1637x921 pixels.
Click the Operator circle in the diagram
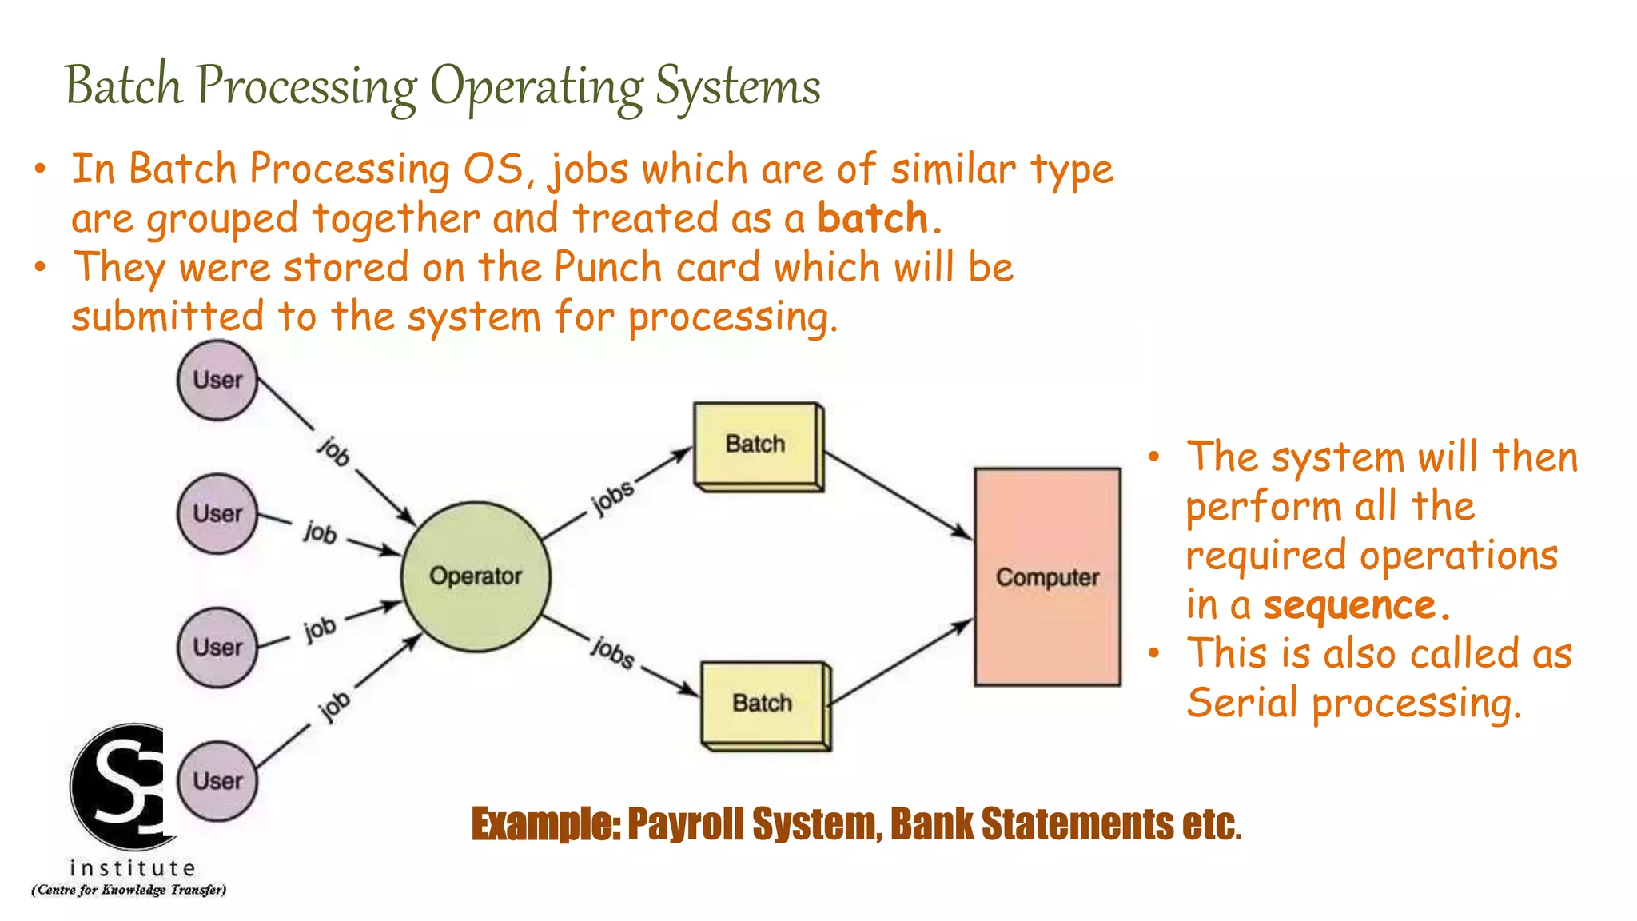pyautogui.click(x=475, y=576)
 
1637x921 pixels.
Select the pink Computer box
pyautogui.click(x=1047, y=576)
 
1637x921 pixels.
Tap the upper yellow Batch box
pyautogui.click(x=755, y=445)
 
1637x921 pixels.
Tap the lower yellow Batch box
pyautogui.click(x=763, y=704)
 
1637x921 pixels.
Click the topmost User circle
pyautogui.click(x=217, y=381)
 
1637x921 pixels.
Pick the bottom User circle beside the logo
pyautogui.click(x=217, y=781)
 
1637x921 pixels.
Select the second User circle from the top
pyautogui.click(x=217, y=514)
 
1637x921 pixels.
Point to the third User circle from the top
pyautogui.click(x=217, y=648)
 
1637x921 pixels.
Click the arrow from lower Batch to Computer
pyautogui.click(x=899, y=664)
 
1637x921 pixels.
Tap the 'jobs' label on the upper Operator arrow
pyautogui.click(x=613, y=498)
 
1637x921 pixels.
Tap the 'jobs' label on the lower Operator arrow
pyautogui.click(x=613, y=652)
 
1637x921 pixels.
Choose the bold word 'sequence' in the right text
pyautogui.click(x=1349, y=605)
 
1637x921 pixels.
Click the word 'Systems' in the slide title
pyautogui.click(x=737, y=86)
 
